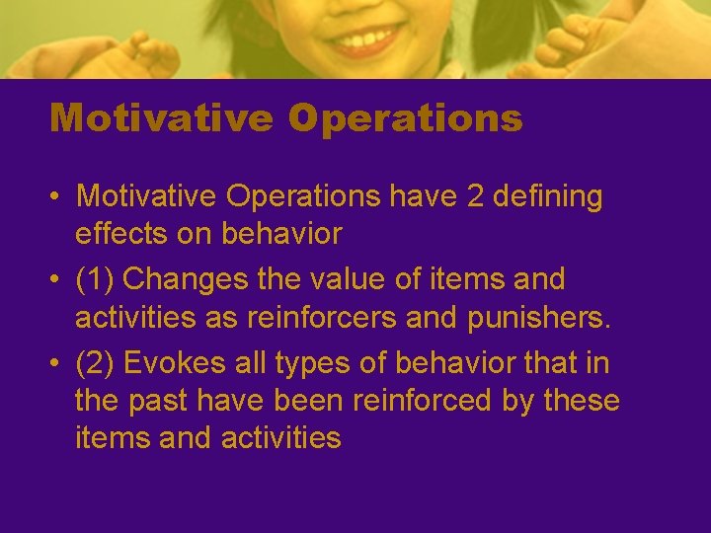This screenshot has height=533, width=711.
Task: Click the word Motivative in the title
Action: click(161, 118)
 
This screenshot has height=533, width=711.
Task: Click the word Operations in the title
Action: click(405, 118)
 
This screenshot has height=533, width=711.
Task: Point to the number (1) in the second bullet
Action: click(96, 279)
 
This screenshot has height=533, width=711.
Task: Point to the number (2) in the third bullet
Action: click(96, 363)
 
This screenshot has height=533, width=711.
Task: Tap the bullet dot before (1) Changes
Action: click(55, 280)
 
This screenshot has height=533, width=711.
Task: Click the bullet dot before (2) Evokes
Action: click(55, 364)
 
